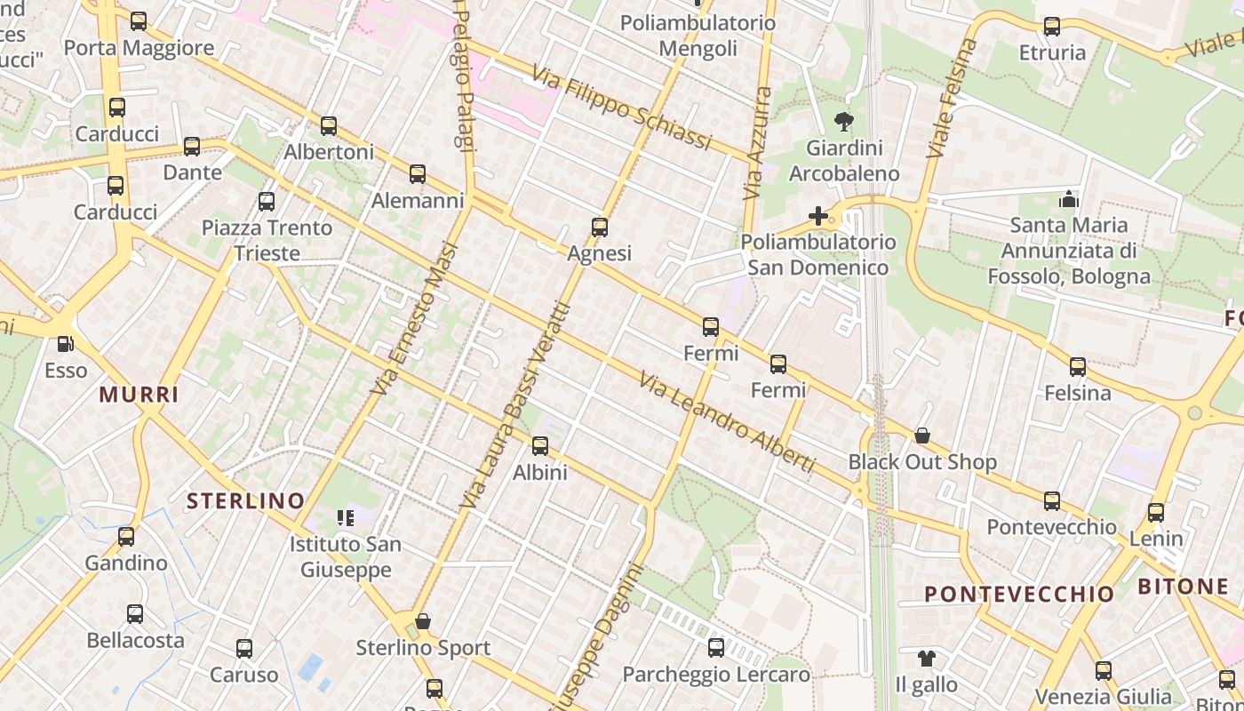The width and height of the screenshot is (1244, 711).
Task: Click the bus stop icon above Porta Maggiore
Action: (x=139, y=21)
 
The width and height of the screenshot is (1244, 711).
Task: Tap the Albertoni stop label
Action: (x=329, y=152)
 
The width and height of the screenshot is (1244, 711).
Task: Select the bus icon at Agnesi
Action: (x=600, y=228)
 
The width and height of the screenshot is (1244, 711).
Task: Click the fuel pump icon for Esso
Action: (x=65, y=344)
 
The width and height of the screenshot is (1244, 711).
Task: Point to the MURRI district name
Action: (x=139, y=395)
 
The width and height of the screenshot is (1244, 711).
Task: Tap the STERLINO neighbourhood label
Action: (x=245, y=500)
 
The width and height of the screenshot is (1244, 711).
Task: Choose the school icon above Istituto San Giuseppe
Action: (x=346, y=517)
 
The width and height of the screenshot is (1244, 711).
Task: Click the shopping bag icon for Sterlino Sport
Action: (x=423, y=621)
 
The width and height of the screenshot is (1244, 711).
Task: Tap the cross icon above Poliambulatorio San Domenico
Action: (x=818, y=216)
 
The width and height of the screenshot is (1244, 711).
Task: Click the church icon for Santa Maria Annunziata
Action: (x=1069, y=199)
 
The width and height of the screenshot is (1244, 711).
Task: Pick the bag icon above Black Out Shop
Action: (x=922, y=435)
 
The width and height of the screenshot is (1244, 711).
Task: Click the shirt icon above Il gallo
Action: (x=927, y=659)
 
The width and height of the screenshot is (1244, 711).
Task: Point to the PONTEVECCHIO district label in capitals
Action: (x=1019, y=594)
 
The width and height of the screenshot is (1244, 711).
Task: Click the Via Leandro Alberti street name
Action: (x=727, y=422)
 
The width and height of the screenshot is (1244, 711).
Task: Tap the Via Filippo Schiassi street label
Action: (x=623, y=108)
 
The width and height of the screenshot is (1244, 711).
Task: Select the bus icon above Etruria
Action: (x=1052, y=27)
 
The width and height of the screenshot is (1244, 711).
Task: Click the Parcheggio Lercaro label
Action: (x=716, y=675)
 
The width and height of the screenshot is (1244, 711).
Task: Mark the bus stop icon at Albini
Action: (x=540, y=446)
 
